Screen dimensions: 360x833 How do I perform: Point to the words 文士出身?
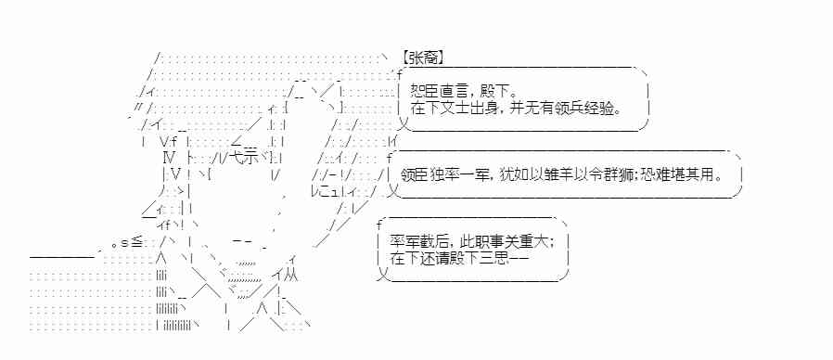pos(469,109)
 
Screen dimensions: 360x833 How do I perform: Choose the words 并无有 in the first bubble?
pos(532,109)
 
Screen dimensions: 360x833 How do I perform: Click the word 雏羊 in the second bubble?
pos(548,174)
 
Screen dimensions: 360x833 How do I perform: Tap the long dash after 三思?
pos(519,259)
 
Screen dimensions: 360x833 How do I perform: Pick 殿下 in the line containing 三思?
pos(461,259)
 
